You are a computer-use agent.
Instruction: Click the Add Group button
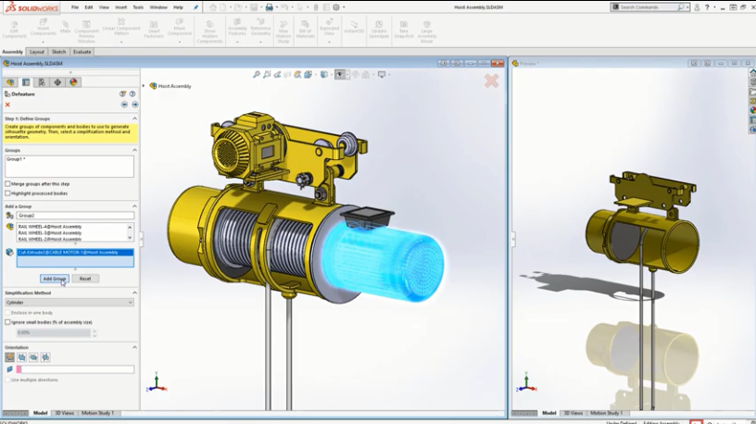[x=55, y=278]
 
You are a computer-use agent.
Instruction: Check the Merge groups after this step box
[x=8, y=184]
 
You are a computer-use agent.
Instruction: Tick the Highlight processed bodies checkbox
[x=8, y=193]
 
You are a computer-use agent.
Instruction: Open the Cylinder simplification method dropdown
[x=69, y=303]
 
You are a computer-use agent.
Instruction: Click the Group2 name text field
[x=74, y=215]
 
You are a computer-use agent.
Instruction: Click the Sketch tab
[x=58, y=52]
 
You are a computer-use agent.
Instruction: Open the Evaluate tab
[x=82, y=52]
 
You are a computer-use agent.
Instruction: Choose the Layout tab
[x=37, y=52]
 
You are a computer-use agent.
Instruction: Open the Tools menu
[x=138, y=7]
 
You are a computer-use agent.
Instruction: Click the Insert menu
[x=120, y=7]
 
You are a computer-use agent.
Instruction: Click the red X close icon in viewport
[x=491, y=81]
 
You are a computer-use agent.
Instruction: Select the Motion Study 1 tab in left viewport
[x=97, y=413]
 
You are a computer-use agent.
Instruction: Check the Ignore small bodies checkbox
[x=8, y=322]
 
